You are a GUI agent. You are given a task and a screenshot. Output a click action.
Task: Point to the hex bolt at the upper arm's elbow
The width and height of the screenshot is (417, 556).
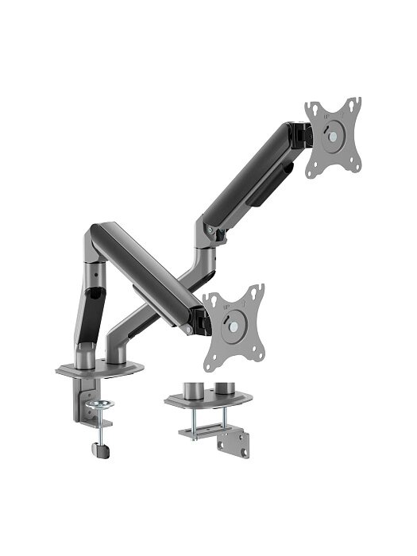pos(210,230)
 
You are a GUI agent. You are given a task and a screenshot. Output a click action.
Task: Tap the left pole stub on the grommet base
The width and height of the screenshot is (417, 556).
pos(191,391)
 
